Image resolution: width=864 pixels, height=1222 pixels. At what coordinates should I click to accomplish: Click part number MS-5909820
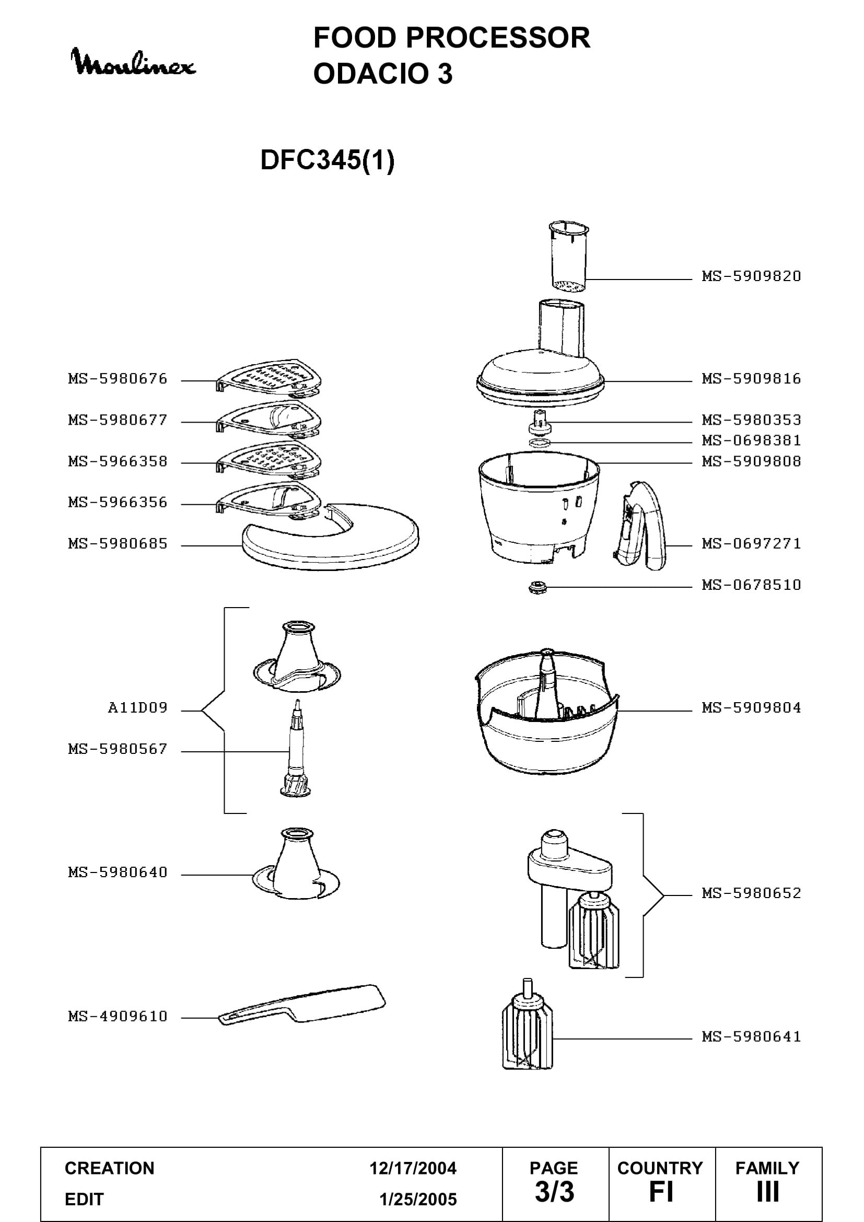coord(751,276)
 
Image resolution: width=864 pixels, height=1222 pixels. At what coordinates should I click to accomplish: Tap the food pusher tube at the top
coord(568,257)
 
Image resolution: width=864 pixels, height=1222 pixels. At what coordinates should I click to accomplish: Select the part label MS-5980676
coord(118,379)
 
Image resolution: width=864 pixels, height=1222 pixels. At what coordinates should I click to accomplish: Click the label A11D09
coord(137,708)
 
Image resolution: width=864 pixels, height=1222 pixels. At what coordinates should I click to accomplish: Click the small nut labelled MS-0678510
coord(538,588)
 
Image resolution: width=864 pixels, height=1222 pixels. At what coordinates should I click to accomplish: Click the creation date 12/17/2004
coord(413,1168)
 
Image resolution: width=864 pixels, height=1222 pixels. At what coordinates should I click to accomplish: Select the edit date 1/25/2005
coord(418,1200)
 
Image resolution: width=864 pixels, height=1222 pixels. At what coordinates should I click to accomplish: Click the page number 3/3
coord(554,1192)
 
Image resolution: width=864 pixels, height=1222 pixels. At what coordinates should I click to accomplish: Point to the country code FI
coord(661,1192)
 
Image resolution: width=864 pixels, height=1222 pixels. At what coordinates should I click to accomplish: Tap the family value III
coord(768,1192)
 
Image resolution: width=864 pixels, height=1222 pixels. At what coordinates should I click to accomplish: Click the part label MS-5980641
coord(751,1037)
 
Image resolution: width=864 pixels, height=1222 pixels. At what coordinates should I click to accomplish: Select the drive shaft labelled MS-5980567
coord(296,748)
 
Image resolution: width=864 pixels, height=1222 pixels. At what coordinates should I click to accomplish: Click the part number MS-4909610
coord(118,1017)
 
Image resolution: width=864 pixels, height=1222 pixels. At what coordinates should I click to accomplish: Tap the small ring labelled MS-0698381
coord(540,443)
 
